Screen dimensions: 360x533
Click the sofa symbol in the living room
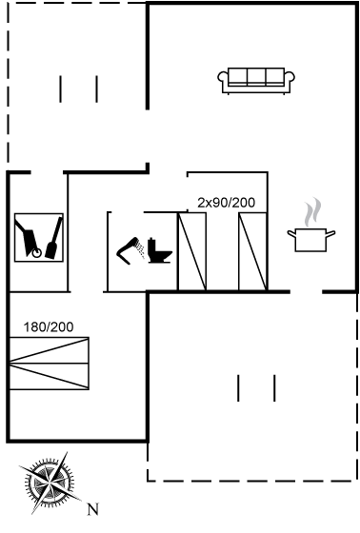point(256,80)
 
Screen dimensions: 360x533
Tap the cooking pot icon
point(311,240)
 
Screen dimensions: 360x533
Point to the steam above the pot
point(312,212)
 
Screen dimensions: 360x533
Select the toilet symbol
point(160,250)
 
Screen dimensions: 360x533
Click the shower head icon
point(130,250)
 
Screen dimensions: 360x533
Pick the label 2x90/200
point(227,203)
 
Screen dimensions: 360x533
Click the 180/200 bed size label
point(49,327)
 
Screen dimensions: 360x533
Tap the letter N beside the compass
point(93,509)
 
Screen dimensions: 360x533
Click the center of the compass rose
point(50,483)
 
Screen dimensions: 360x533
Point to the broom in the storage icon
point(54,238)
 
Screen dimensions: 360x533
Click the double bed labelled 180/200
point(50,363)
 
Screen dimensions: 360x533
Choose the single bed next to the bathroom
point(192,251)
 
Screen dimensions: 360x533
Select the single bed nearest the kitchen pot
point(252,251)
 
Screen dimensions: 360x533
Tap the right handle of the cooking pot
point(330,234)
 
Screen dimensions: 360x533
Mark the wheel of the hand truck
point(36,253)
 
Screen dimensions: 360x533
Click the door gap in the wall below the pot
point(306,291)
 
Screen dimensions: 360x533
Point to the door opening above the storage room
point(47,172)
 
